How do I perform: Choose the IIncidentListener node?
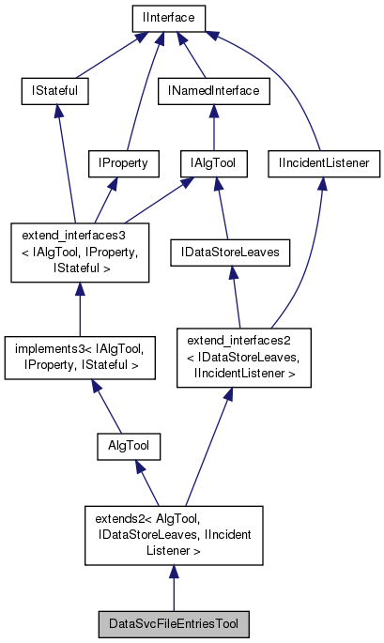click(323, 163)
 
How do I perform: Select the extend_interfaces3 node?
click(79, 253)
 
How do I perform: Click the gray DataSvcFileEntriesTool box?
click(174, 623)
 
